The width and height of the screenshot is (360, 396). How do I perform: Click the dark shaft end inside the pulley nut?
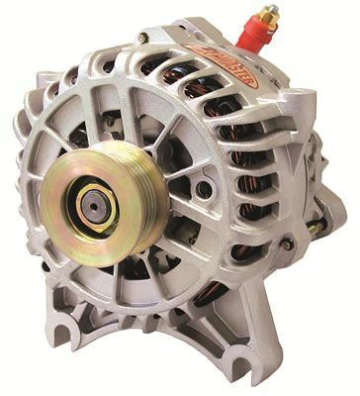pos(92,208)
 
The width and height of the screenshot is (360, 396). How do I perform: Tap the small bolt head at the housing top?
pos(144,39)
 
